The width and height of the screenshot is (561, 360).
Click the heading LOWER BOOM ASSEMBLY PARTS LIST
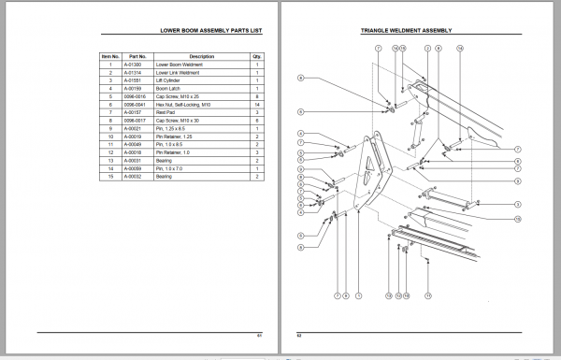coord(210,32)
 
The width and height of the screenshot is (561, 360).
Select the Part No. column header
coord(137,56)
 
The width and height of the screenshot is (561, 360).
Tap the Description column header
coord(201,56)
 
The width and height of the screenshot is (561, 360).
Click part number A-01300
coord(137,65)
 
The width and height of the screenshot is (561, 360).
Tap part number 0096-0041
coord(137,104)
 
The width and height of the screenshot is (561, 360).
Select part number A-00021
coord(137,128)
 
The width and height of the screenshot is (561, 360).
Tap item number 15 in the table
coord(110,176)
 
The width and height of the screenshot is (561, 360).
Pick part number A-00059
coord(137,167)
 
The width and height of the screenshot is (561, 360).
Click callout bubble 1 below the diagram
coord(357,295)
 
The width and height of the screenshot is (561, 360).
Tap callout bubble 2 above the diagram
coord(427,48)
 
